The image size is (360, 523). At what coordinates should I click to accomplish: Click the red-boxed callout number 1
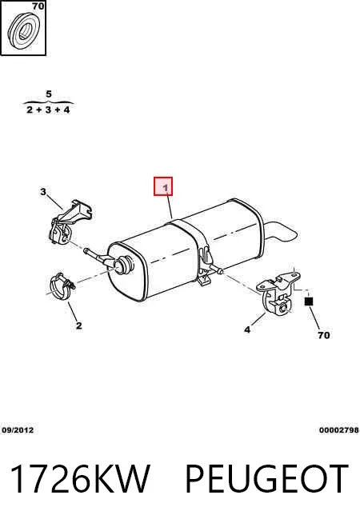[166, 188]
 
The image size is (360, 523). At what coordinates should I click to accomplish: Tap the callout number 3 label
[43, 192]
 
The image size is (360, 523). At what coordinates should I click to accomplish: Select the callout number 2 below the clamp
[78, 325]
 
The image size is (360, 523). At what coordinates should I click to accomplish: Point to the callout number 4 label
[247, 330]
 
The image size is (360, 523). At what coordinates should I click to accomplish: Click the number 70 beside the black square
[324, 335]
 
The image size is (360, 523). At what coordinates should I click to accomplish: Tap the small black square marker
[309, 301]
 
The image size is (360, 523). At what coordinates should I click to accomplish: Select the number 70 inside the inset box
[38, 6]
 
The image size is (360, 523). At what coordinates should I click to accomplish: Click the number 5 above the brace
[49, 94]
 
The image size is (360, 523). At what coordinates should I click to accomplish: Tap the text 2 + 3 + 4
[48, 110]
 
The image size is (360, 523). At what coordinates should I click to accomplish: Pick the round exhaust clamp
[62, 286]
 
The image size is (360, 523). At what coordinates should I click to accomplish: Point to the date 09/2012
[18, 430]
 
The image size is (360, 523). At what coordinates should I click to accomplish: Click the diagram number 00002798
[339, 430]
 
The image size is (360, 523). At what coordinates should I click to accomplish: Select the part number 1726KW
[80, 478]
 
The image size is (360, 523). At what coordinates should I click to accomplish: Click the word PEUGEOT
[267, 478]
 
